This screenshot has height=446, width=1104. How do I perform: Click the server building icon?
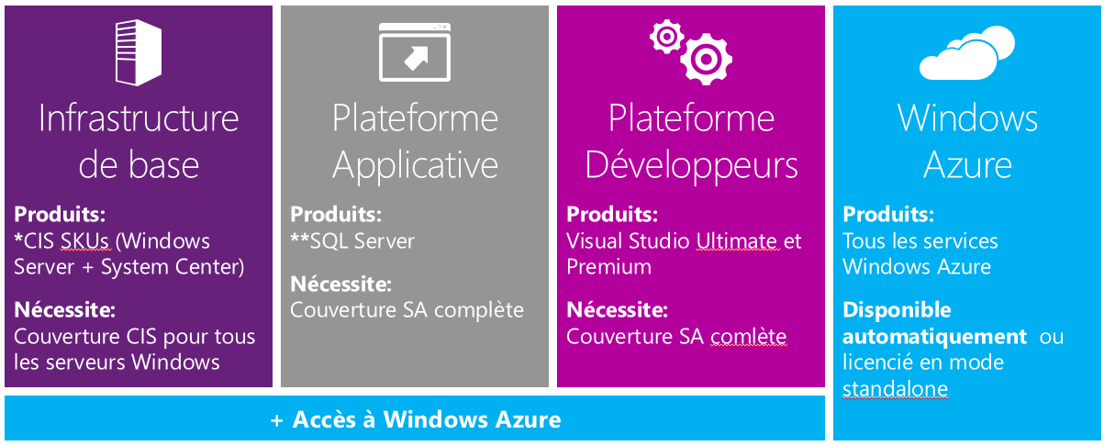point(139,54)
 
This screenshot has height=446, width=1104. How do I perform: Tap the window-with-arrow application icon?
point(415,53)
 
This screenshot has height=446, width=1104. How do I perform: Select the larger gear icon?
point(706,58)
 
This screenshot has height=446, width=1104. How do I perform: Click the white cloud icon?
point(966,54)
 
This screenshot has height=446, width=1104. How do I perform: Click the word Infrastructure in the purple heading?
point(139,118)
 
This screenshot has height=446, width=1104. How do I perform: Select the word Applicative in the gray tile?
point(415,165)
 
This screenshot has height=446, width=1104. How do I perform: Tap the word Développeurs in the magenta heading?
point(691,165)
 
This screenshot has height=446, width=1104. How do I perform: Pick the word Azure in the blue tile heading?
point(967,165)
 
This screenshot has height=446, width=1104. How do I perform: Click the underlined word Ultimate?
point(736,241)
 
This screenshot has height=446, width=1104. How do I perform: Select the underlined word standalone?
point(895,389)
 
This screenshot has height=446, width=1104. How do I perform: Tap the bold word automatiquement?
point(934,337)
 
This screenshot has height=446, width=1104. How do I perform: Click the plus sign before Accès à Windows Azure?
point(277,420)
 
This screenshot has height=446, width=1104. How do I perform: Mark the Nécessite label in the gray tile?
point(340,284)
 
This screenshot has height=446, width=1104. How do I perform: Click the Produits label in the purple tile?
point(60,216)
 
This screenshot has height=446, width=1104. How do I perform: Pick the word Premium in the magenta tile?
point(608,267)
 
